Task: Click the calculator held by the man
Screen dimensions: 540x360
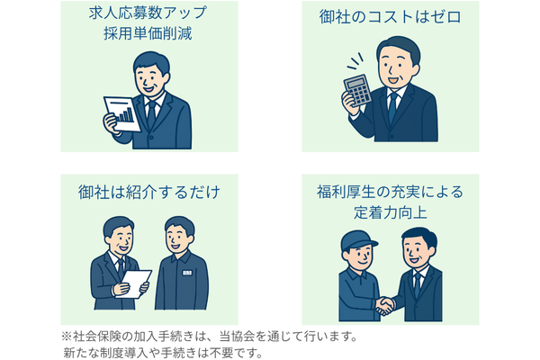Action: (357, 90)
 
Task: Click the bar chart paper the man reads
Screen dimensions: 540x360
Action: (122, 113)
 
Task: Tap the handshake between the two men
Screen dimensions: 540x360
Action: (384, 306)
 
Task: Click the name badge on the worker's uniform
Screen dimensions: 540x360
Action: (187, 273)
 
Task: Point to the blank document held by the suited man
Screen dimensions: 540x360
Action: (134, 283)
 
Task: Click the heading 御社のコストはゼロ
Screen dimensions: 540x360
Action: (391, 17)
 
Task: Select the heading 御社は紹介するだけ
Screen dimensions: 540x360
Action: (149, 192)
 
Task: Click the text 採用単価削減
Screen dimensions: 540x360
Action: (148, 34)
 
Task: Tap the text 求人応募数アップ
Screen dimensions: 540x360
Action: (148, 13)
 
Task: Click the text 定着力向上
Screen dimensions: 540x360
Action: (391, 212)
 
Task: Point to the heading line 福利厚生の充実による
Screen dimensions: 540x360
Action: (391, 192)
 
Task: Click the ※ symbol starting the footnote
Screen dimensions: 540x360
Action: (66, 337)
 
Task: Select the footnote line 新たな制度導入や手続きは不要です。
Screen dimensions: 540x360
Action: (163, 353)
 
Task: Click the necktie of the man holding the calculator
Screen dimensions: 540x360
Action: (391, 107)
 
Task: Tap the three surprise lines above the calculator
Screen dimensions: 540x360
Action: (355, 60)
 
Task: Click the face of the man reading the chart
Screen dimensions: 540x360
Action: (148, 79)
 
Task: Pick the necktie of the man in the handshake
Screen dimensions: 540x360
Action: (418, 284)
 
